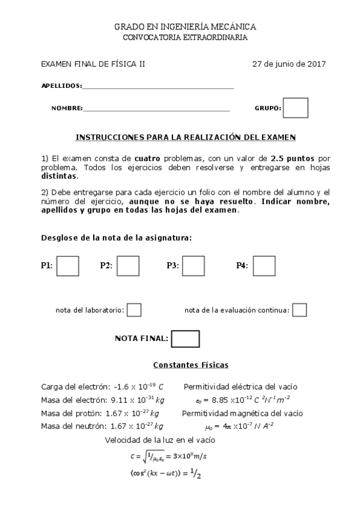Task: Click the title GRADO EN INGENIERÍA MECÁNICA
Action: point(185,27)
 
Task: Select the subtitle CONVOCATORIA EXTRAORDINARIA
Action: point(185,37)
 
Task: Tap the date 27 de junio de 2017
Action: point(289,64)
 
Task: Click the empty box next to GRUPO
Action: point(295,108)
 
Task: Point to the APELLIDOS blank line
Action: point(158,87)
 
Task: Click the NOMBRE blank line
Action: point(156,109)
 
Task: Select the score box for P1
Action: point(67,266)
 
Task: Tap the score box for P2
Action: point(128,266)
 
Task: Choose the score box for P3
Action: point(193,266)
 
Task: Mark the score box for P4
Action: point(264,266)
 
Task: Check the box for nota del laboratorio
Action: point(135,310)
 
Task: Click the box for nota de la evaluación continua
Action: point(299,310)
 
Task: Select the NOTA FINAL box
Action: point(185,339)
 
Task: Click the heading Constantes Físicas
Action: point(191,365)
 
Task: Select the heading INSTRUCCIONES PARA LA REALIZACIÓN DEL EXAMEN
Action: point(186,137)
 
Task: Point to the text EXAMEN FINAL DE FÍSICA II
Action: point(93,64)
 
